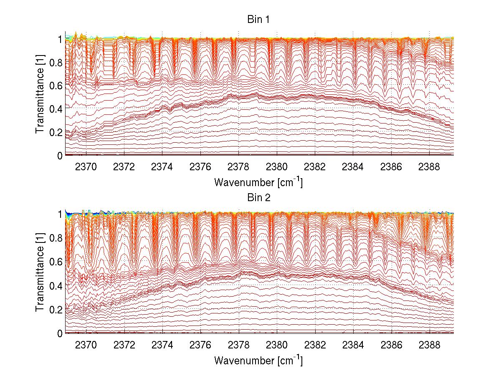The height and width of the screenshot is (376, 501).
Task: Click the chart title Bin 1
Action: click(x=259, y=19)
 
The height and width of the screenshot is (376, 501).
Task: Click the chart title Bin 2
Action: click(x=259, y=197)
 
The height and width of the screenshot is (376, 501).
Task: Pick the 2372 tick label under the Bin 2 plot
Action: click(x=124, y=345)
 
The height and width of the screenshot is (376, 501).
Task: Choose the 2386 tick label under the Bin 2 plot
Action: click(x=391, y=345)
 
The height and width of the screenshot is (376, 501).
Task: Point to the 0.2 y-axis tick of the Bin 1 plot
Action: click(x=56, y=132)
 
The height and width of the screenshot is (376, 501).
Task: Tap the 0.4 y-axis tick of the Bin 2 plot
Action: click(x=56, y=286)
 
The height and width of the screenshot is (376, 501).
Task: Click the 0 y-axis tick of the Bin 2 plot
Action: click(x=59, y=333)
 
